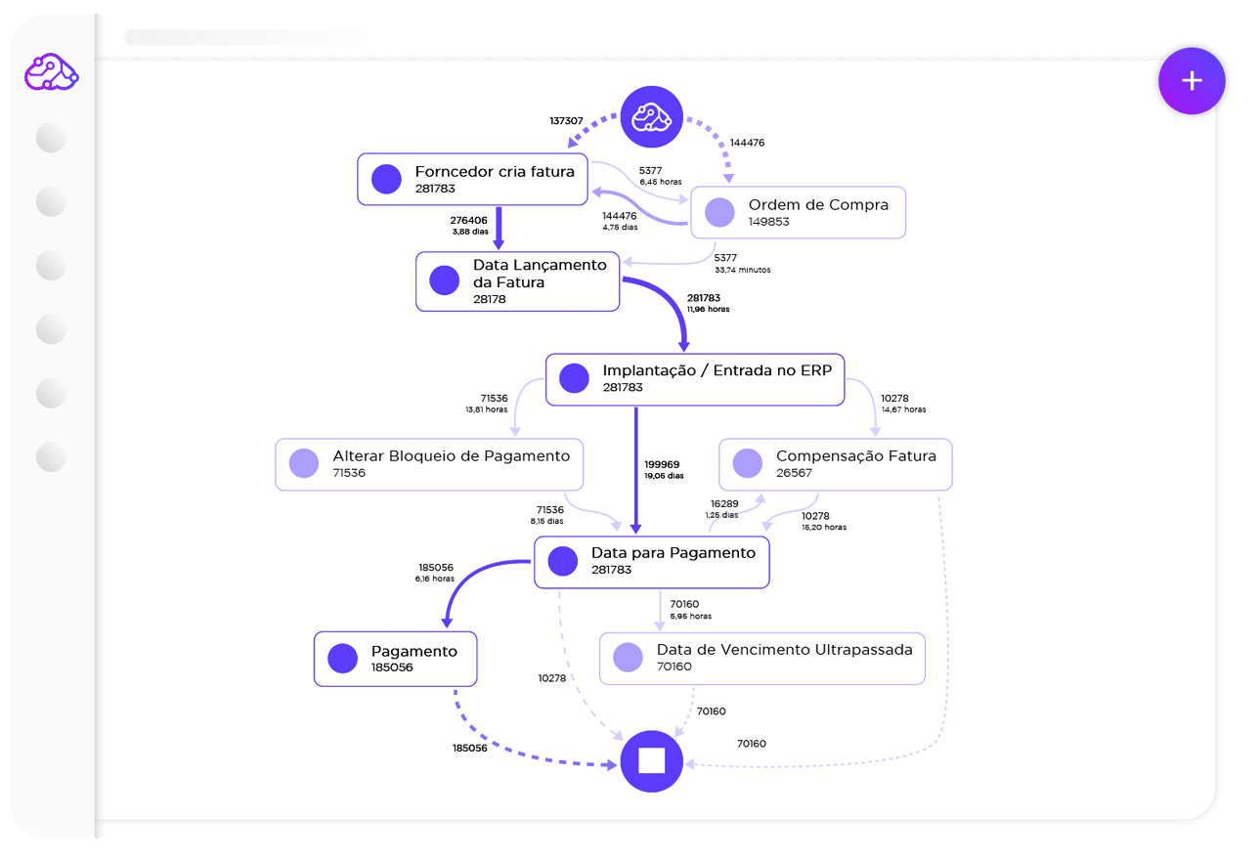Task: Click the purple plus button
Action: click(1191, 81)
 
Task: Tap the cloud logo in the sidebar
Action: click(51, 73)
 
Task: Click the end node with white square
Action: click(652, 760)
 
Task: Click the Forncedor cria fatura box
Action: click(472, 179)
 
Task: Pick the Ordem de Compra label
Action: click(818, 205)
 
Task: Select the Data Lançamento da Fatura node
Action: click(517, 281)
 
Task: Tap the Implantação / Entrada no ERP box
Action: click(694, 379)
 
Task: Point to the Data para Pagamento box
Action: click(651, 561)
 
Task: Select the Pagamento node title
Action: click(413, 651)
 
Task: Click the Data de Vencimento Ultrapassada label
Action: click(784, 649)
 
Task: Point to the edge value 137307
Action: click(566, 121)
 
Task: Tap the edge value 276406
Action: click(468, 220)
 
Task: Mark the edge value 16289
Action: click(724, 504)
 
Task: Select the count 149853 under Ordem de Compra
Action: click(768, 222)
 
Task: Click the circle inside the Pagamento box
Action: click(342, 659)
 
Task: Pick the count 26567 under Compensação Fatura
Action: click(794, 473)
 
